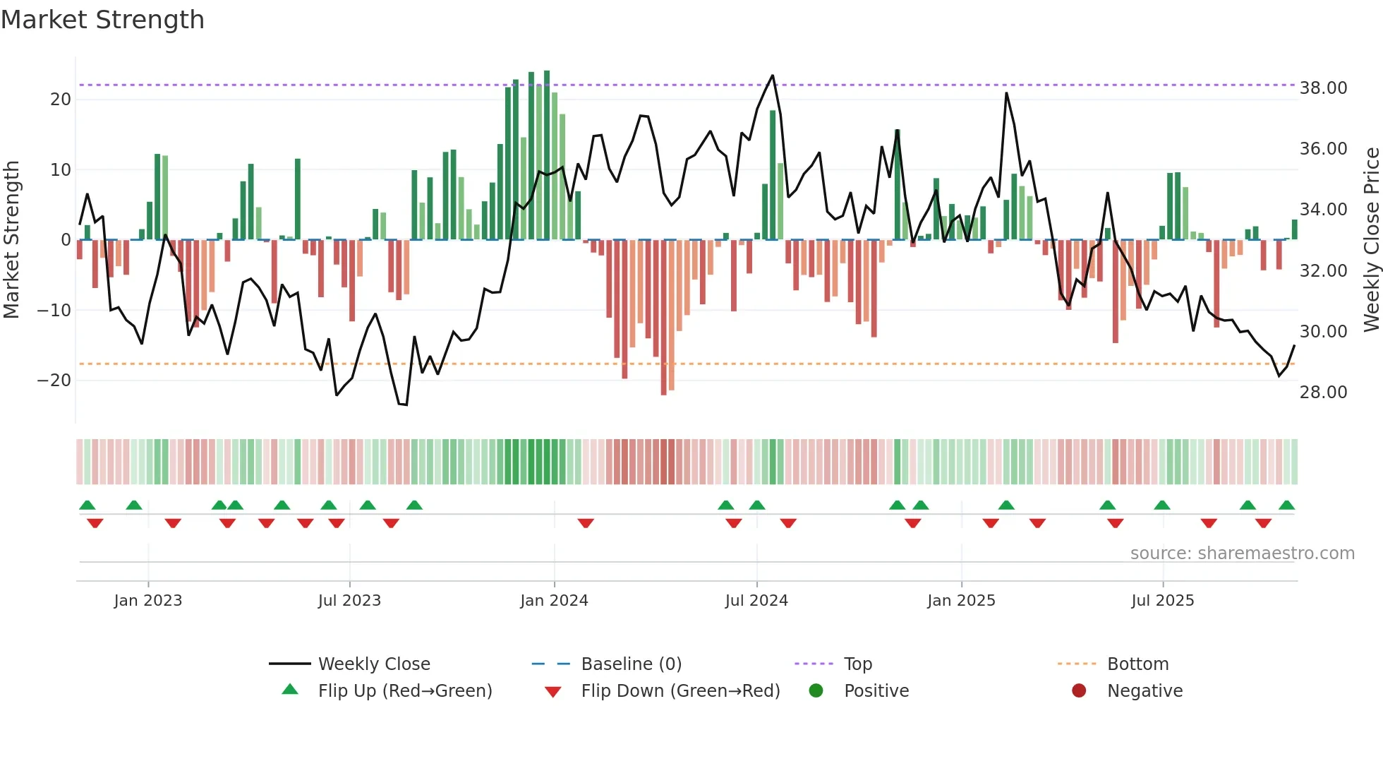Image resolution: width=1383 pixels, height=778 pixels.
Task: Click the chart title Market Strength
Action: (x=102, y=20)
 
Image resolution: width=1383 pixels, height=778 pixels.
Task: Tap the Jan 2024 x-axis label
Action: (x=554, y=601)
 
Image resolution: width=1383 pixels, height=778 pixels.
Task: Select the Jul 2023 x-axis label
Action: (x=349, y=601)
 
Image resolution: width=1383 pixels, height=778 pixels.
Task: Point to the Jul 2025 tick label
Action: (x=1162, y=601)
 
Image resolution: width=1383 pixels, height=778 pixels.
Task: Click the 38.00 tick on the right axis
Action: (x=1323, y=88)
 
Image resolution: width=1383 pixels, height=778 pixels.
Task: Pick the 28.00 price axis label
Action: (x=1323, y=393)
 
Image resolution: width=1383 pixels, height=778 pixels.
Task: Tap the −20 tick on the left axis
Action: (x=54, y=381)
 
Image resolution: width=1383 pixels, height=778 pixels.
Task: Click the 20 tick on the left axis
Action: (x=61, y=100)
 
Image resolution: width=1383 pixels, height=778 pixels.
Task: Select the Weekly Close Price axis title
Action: (x=1371, y=240)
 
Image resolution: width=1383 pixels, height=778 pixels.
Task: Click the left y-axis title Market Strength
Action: (x=11, y=240)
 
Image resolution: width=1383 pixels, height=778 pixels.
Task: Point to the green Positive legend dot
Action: (x=816, y=691)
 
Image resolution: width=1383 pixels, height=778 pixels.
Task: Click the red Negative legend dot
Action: (x=1079, y=691)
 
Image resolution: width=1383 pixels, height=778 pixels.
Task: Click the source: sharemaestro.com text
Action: (x=1242, y=553)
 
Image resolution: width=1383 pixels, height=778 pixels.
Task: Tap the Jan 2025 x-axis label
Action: (x=961, y=601)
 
